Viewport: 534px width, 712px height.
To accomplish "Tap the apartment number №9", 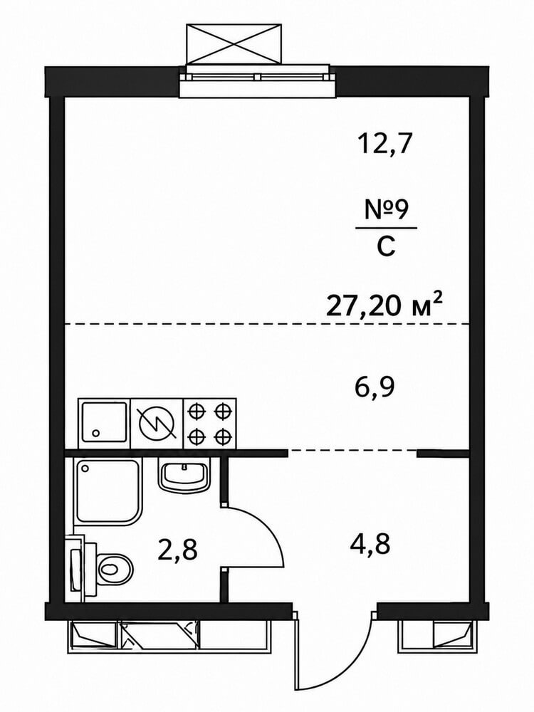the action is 387,210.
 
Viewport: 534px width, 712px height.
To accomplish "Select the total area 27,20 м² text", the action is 384,305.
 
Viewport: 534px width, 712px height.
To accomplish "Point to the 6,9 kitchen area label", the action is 375,388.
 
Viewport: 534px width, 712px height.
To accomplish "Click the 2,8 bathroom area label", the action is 177,550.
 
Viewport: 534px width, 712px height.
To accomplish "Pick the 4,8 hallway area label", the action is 370,543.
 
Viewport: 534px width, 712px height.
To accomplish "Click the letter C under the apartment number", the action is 386,247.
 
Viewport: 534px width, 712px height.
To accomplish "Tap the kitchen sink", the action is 103,424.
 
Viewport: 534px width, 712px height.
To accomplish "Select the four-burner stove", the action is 210,424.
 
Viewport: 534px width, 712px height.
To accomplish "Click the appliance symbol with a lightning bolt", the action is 157,424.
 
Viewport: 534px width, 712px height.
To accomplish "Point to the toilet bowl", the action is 113,568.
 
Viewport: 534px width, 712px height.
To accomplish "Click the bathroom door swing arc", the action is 268,528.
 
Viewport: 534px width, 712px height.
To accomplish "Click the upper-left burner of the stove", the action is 196,412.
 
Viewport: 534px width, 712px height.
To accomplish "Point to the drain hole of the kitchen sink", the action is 95,433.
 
